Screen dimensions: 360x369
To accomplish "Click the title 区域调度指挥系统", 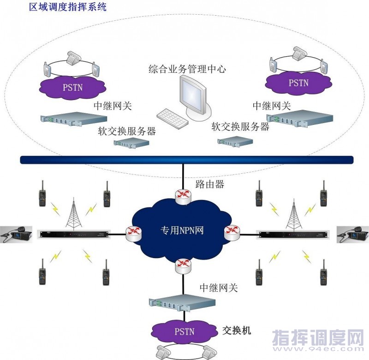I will point(68,8).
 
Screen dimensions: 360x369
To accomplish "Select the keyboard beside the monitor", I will point(172,119).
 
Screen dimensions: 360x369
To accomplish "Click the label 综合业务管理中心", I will point(187,70).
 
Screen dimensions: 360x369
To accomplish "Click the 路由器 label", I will point(209,184).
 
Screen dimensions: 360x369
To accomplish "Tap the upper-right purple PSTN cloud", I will point(298,83).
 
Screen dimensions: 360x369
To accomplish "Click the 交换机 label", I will point(237,331).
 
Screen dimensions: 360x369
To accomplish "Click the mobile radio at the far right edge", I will point(353,235).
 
